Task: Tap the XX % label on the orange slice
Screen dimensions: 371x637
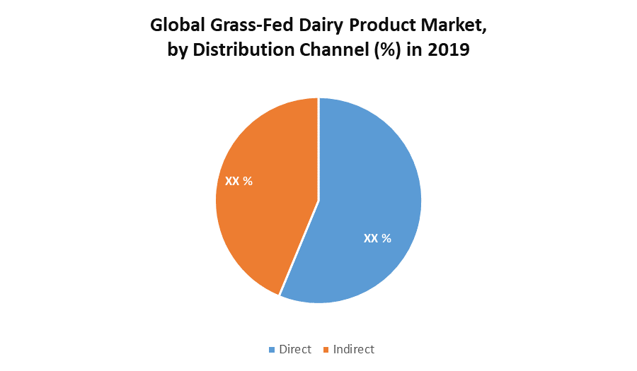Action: coord(239,181)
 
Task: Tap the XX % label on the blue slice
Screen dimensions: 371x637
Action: coord(377,238)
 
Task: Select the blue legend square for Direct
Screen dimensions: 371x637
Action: coord(272,350)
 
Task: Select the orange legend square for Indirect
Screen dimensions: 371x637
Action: coord(326,350)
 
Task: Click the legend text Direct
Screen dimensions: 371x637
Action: coord(294,349)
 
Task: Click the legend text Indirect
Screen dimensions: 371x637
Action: coord(354,349)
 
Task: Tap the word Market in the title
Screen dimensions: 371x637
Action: coord(452,26)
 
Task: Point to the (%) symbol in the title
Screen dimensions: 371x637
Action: coord(385,50)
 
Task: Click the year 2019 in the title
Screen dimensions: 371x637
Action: coord(449,50)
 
